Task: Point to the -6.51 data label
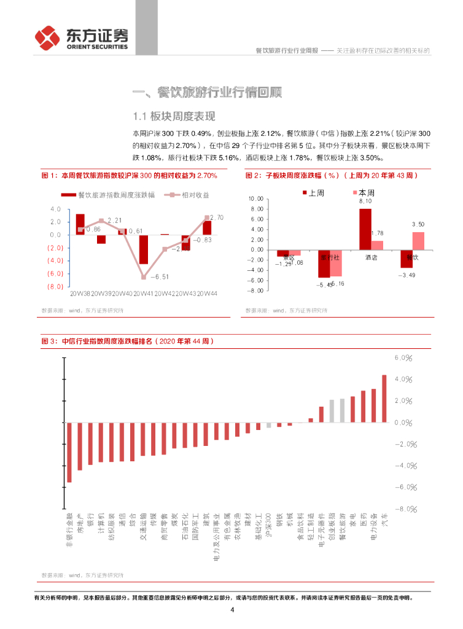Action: pyautogui.click(x=160, y=276)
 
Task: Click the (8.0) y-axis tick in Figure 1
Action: pyautogui.click(x=55, y=287)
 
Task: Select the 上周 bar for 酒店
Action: pyautogui.click(x=365, y=229)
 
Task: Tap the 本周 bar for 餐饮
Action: pyautogui.click(x=418, y=241)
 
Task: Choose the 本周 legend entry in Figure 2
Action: pyautogui.click(x=366, y=192)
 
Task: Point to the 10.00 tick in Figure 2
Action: pyautogui.click(x=256, y=199)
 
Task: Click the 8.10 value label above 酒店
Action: pyautogui.click(x=365, y=201)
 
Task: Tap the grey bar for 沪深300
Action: pyautogui.click(x=268, y=425)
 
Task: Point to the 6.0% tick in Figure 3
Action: pyautogui.click(x=402, y=357)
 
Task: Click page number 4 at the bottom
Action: pyautogui.click(x=232, y=610)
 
